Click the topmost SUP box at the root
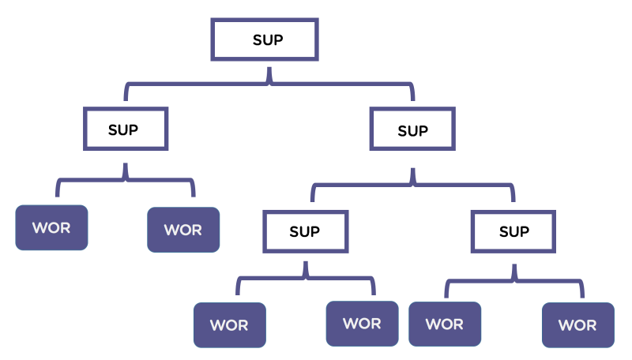pyautogui.click(x=265, y=39)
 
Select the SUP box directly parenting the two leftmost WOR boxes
pyautogui.click(x=126, y=129)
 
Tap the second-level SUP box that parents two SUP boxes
pyautogui.click(x=412, y=130)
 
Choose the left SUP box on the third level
pyautogui.click(x=304, y=231)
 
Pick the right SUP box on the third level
pyautogui.click(x=514, y=231)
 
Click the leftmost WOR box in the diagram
pyautogui.click(x=51, y=228)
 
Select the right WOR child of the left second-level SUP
pyautogui.click(x=183, y=230)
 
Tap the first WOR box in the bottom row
pyautogui.click(x=230, y=324)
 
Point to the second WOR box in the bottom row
pyautogui.click(x=362, y=323)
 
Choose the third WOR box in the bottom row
pyautogui.click(x=444, y=324)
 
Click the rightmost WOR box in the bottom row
pyautogui.click(x=577, y=324)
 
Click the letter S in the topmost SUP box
pyautogui.click(x=257, y=39)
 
